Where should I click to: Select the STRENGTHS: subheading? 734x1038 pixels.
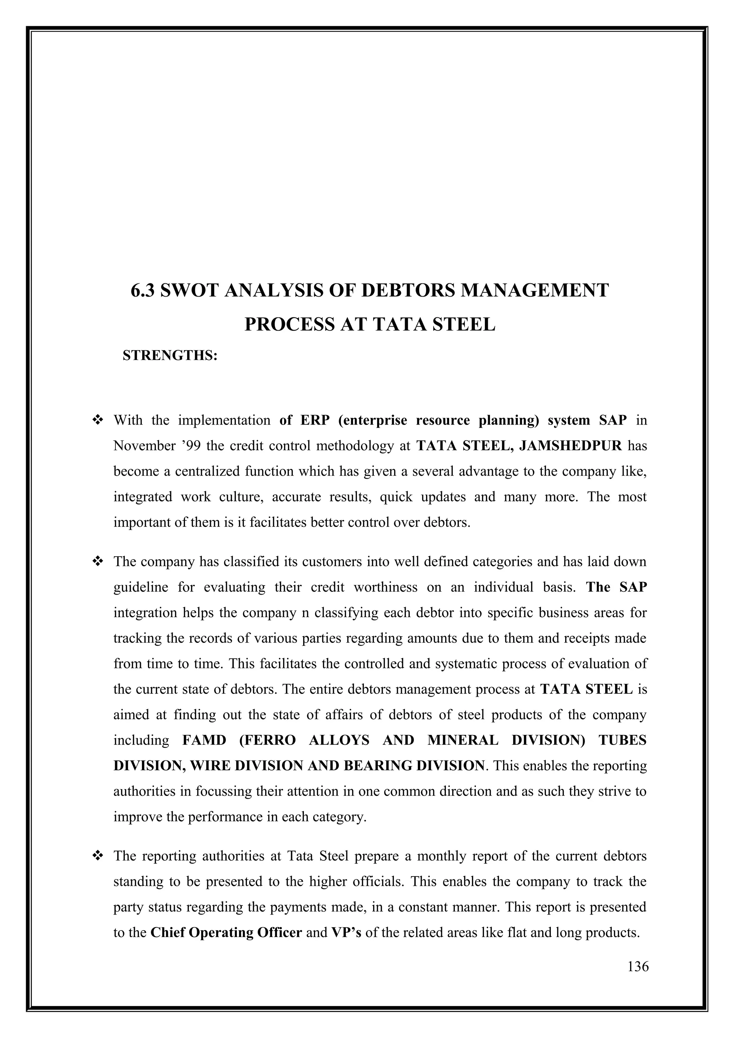click(x=170, y=355)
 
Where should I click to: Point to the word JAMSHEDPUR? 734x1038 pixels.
click(x=571, y=446)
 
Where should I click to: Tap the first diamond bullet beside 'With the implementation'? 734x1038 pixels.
click(x=97, y=421)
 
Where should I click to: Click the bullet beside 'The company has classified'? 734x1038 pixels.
click(x=97, y=562)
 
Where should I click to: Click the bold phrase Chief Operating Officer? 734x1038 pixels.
click(x=226, y=933)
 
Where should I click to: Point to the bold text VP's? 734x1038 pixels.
click(x=346, y=933)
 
